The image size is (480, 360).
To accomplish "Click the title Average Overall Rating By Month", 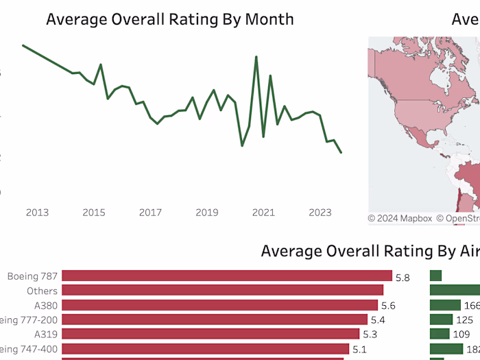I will pyautogui.click(x=169, y=19).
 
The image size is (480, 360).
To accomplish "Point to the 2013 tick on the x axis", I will pyautogui.click(x=37, y=213).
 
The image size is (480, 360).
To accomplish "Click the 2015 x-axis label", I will pyautogui.click(x=94, y=213).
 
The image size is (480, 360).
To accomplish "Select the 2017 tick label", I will pyautogui.click(x=151, y=213).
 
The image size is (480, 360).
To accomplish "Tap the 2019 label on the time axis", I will pyautogui.click(x=207, y=213).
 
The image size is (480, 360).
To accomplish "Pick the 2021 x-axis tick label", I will pyautogui.click(x=264, y=213).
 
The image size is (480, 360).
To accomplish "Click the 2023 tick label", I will pyautogui.click(x=320, y=213).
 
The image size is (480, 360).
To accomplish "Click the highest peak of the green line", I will pyautogui.click(x=256, y=57).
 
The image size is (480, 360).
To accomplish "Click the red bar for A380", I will pyautogui.click(x=219, y=305).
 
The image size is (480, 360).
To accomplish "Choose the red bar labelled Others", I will pyautogui.click(x=222, y=291).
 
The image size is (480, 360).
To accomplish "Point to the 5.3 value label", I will pyautogui.click(x=370, y=335).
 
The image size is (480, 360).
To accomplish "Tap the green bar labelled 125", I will pyautogui.click(x=442, y=320).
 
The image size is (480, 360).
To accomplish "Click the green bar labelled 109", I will pyautogui.click(x=440, y=334).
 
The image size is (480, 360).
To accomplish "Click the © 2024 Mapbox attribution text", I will pyautogui.click(x=400, y=219).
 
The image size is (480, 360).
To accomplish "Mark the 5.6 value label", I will pyautogui.click(x=389, y=306).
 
